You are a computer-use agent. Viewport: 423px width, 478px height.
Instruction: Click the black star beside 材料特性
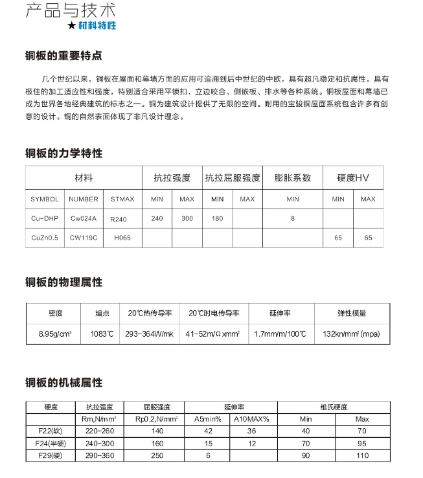click(71, 27)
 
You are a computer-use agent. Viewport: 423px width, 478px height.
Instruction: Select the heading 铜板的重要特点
click(63, 56)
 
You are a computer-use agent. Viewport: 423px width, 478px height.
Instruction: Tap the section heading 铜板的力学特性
click(63, 154)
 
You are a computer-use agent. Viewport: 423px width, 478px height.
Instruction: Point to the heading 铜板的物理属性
click(63, 282)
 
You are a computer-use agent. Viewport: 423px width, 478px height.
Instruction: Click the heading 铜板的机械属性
click(63, 383)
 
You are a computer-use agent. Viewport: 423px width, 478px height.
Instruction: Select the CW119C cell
click(84, 238)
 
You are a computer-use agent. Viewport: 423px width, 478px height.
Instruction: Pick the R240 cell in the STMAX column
click(119, 219)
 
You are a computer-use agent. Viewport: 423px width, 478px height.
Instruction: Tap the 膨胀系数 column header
click(293, 177)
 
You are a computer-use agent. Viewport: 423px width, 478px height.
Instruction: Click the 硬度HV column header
click(352, 177)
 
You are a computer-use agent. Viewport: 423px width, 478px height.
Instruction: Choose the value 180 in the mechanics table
click(217, 219)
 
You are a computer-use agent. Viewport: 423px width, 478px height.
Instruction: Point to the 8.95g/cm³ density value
click(56, 334)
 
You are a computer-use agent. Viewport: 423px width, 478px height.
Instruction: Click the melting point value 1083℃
click(102, 334)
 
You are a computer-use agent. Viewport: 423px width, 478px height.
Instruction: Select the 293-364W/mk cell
click(150, 334)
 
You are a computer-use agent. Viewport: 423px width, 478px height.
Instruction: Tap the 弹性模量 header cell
click(352, 313)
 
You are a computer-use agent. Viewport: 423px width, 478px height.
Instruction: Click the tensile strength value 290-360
click(99, 455)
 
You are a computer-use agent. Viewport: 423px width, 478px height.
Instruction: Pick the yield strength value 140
click(157, 431)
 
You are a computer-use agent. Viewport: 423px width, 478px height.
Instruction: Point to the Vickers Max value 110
click(361, 455)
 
